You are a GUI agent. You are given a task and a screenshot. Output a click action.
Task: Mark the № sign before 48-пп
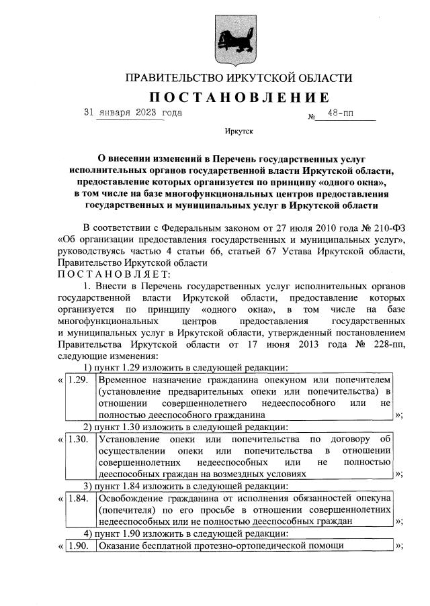[312, 117]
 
